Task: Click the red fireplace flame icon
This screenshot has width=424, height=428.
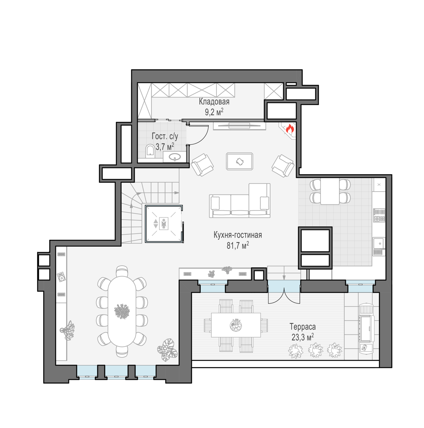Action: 290,129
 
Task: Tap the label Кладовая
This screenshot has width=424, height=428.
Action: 214,102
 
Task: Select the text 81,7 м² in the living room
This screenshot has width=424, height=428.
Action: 238,245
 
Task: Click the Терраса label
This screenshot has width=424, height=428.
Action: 302,326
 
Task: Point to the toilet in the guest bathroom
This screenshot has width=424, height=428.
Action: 150,151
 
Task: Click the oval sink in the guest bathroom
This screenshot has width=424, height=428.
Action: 175,157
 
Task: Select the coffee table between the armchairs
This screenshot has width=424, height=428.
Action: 240,161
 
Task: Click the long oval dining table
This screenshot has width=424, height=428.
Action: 122,311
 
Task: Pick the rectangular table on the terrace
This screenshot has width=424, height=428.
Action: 236,325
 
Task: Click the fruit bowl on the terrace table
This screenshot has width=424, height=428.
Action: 236,325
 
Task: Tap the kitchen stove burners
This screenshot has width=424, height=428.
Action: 379,215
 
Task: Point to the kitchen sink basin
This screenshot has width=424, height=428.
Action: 379,243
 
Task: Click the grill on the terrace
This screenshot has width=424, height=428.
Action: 366,328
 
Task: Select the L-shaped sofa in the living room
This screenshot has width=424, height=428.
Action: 240,201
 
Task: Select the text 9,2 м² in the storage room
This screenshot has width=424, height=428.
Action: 214,112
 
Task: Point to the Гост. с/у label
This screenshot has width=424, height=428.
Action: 165,136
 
